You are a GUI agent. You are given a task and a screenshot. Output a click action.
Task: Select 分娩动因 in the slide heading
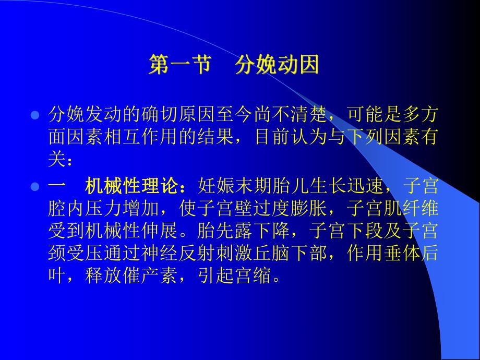pos(277,67)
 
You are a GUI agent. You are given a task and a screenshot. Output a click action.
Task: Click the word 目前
pos(272,138)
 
